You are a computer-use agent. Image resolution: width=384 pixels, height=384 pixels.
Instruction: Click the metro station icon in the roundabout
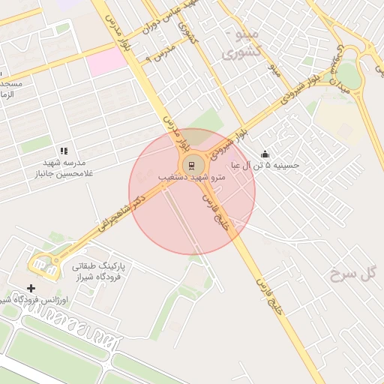[x=192, y=166]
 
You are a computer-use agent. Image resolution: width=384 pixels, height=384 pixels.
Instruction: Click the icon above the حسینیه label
[x=265, y=154]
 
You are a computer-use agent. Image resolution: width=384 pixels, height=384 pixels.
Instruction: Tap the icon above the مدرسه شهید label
[x=64, y=151]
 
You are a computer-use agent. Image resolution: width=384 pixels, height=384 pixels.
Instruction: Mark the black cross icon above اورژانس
[x=31, y=288]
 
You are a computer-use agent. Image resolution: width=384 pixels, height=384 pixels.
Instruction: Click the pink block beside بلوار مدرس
[x=106, y=61]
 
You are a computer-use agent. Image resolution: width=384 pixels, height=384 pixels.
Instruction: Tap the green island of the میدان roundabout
[x=347, y=76]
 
